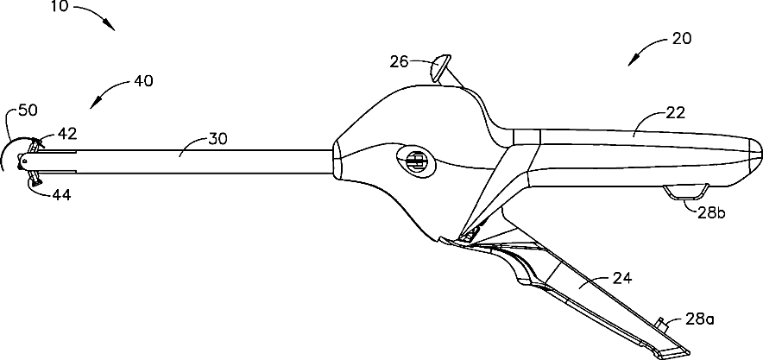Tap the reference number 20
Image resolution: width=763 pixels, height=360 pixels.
[x=681, y=39]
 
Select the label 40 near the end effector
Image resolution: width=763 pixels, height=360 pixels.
[x=144, y=81]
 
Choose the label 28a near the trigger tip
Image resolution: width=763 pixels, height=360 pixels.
[x=699, y=319]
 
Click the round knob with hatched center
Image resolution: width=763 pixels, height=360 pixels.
[x=415, y=161]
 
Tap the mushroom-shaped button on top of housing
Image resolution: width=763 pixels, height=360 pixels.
[x=442, y=66]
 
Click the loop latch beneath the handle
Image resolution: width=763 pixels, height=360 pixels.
[x=689, y=193]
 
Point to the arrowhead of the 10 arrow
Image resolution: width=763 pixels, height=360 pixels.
[x=113, y=28]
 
